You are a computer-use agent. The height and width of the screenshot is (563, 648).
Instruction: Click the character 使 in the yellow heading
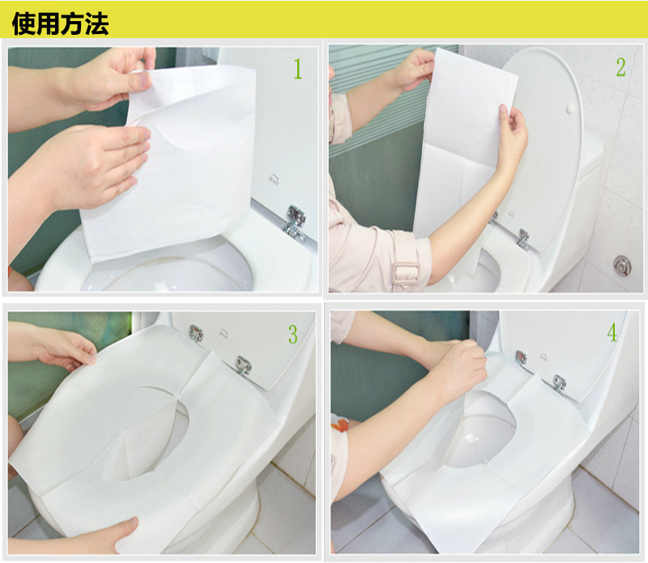pyautogui.click(x=24, y=23)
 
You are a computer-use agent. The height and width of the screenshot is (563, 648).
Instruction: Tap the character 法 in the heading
pyautogui.click(x=97, y=23)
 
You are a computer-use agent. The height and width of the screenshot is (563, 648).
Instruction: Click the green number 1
pyautogui.click(x=298, y=69)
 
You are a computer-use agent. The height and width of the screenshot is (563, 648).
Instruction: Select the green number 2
pyautogui.click(x=620, y=67)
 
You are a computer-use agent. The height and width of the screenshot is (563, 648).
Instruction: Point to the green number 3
pyautogui.click(x=293, y=335)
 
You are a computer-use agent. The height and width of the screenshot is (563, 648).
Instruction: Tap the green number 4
pyautogui.click(x=612, y=332)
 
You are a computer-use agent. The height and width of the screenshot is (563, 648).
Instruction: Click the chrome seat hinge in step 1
pyautogui.click(x=296, y=224)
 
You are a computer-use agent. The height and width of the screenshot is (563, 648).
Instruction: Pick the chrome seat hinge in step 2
pyautogui.click(x=523, y=240)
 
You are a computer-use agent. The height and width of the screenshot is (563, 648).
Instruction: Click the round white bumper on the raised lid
pyautogui.click(x=571, y=109)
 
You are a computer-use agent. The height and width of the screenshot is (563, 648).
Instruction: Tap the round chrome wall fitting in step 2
pyautogui.click(x=622, y=265)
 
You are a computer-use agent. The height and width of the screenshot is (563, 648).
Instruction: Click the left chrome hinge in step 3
pyautogui.click(x=196, y=333)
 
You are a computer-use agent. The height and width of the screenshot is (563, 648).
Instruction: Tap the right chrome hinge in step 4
pyautogui.click(x=560, y=383)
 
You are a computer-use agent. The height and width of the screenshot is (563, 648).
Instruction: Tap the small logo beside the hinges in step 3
pyautogui.click(x=224, y=332)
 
